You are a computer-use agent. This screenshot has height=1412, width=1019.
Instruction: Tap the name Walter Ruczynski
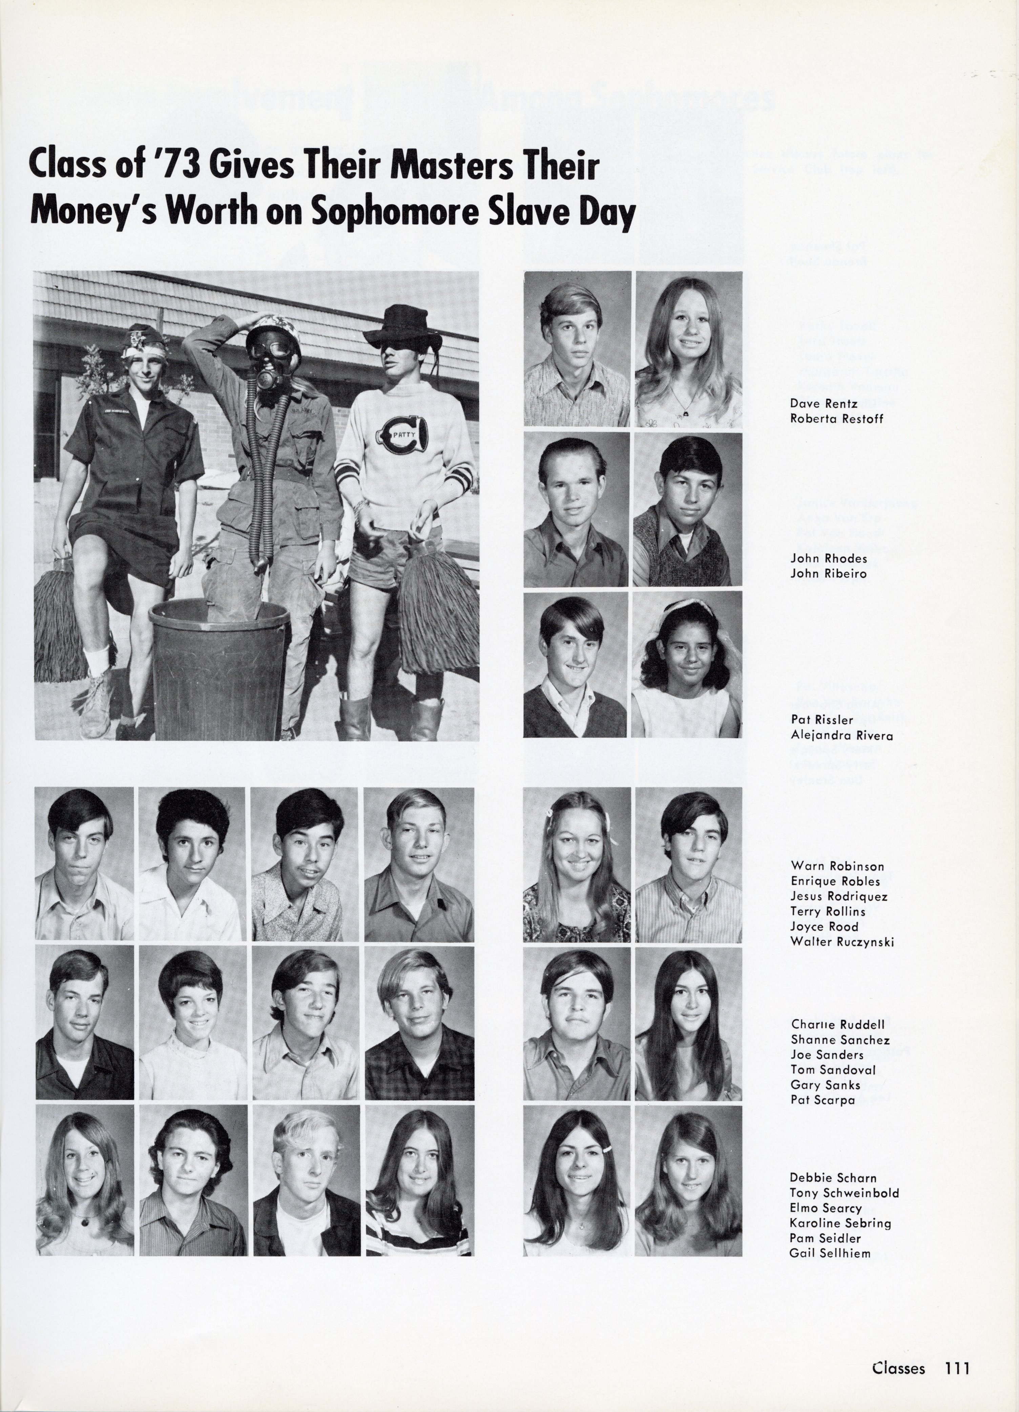click(x=841, y=942)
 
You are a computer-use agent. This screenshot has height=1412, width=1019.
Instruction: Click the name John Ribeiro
click(x=828, y=573)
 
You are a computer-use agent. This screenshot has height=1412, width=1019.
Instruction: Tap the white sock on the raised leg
click(x=99, y=658)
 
